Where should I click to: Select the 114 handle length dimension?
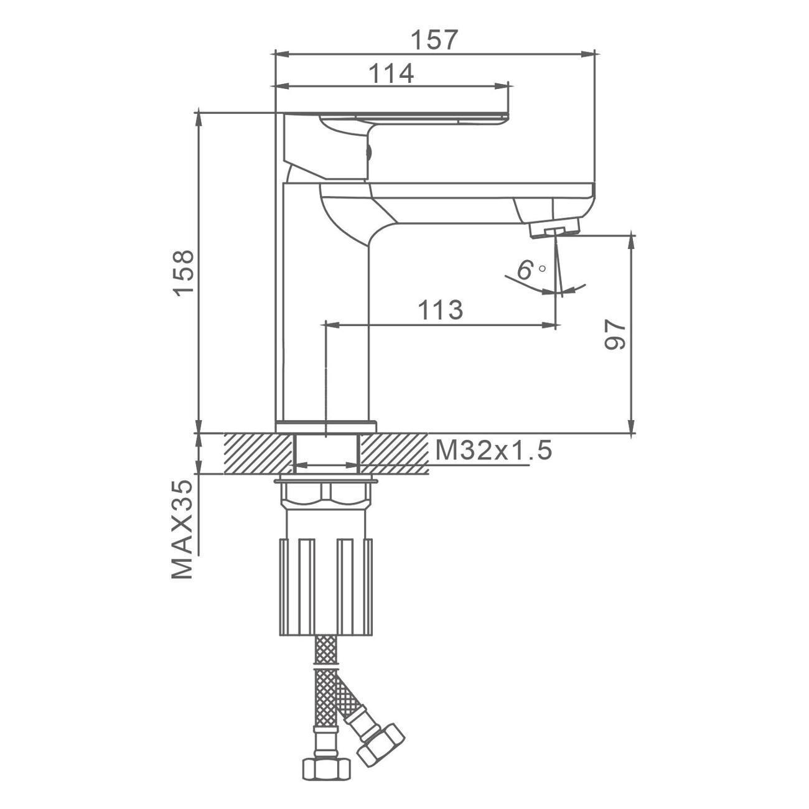tap(391, 73)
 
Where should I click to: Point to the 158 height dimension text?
tap(185, 273)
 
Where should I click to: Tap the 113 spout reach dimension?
tap(441, 310)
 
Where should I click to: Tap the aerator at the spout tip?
tap(556, 230)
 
